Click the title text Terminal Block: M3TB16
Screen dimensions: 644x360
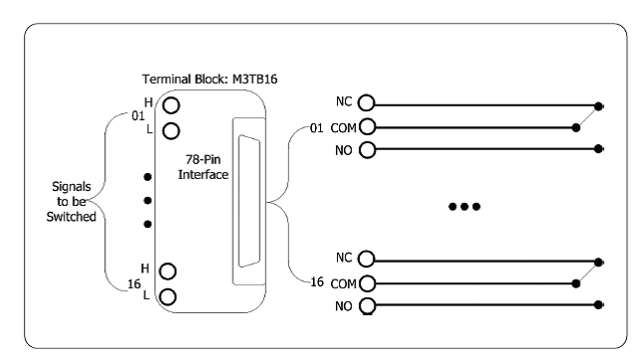(210, 79)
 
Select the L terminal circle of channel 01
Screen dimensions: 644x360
(171, 131)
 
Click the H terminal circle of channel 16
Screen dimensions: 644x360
(168, 271)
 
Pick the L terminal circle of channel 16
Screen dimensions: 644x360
(168, 296)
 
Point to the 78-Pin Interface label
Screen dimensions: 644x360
(203, 167)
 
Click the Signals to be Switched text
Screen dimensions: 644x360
(71, 201)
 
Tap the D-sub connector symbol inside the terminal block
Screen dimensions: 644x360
(248, 201)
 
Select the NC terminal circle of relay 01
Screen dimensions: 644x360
(367, 102)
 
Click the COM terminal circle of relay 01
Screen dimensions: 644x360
(368, 126)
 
